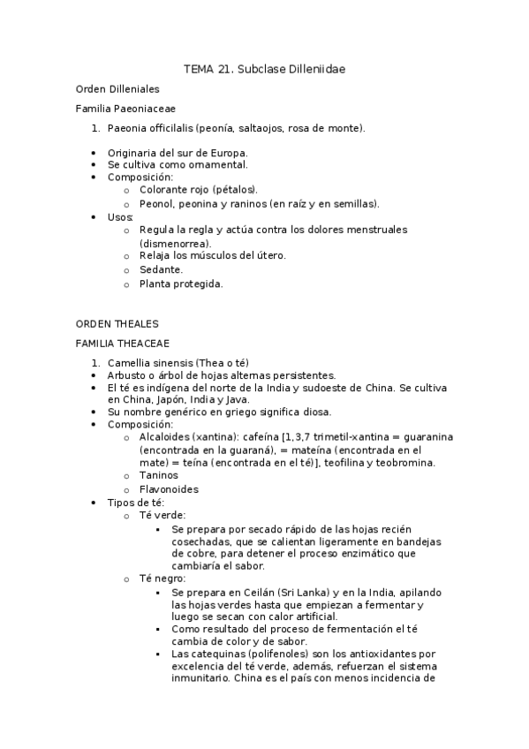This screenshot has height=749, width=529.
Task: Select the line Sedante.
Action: click(x=161, y=269)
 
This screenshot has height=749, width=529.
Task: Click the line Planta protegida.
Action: click(x=181, y=284)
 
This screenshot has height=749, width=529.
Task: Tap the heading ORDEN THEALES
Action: click(x=117, y=323)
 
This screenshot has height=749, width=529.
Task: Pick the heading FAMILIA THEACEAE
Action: click(x=123, y=343)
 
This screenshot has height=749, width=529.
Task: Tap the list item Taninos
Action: click(x=159, y=475)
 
